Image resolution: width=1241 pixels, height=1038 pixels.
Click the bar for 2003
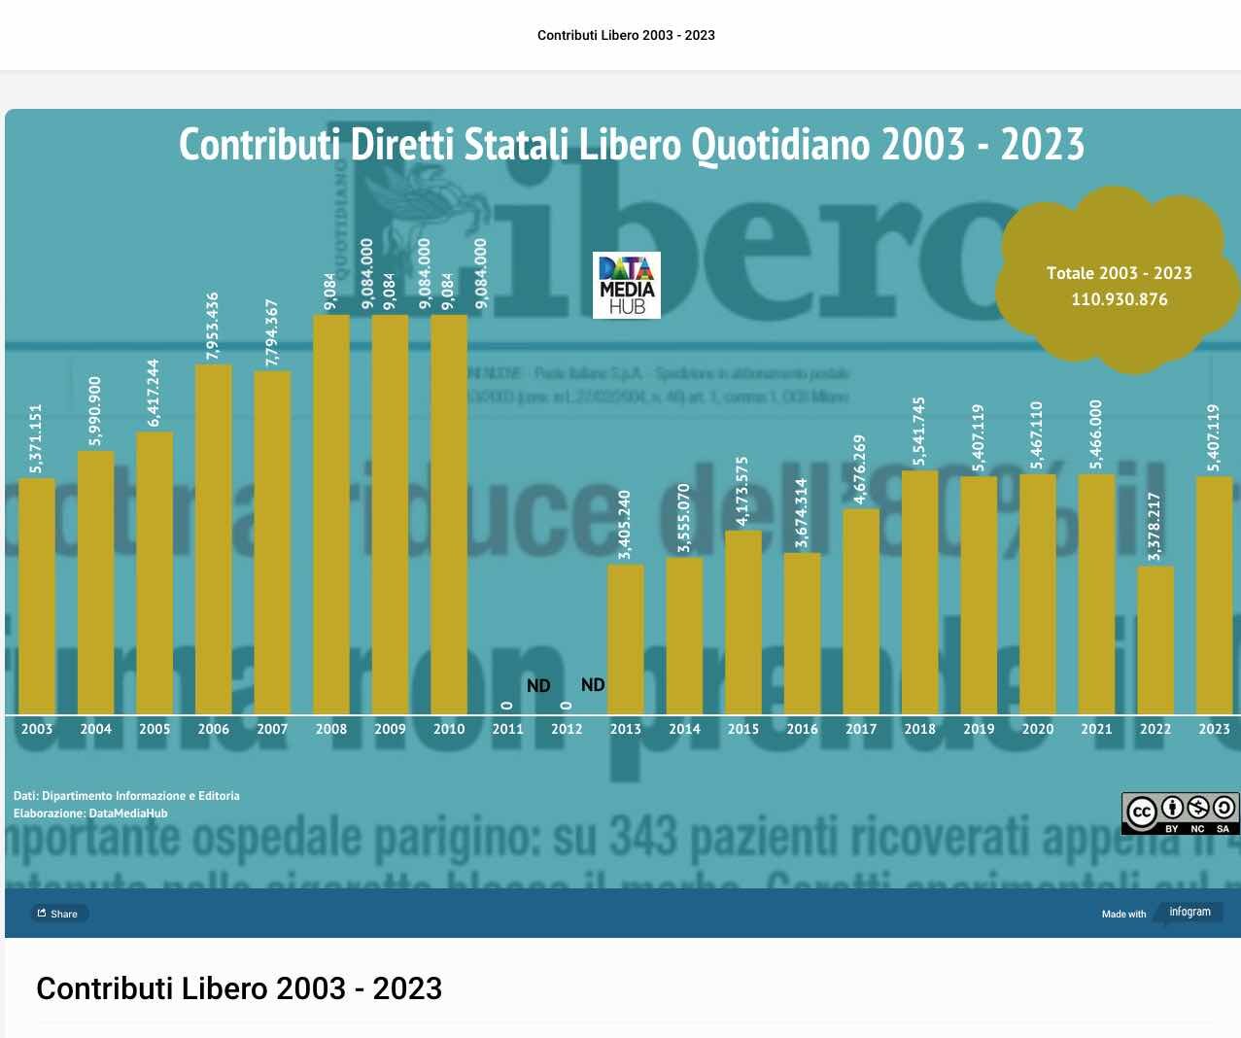(37, 595)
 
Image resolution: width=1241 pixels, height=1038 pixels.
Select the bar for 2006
(214, 539)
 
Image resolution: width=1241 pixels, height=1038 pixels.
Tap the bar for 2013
(625, 639)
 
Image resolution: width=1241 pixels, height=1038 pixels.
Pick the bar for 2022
(1155, 640)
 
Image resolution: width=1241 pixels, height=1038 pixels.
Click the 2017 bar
(861, 610)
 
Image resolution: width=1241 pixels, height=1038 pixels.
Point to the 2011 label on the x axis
(507, 729)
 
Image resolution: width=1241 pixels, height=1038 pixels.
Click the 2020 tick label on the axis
(1038, 729)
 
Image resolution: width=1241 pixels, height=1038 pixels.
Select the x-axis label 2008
(331, 729)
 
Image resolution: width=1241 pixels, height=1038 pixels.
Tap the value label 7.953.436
(213, 327)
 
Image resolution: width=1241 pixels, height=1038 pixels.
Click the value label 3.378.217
(1155, 527)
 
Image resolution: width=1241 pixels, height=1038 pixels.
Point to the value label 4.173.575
(742, 492)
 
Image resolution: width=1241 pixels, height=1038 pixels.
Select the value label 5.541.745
(919, 432)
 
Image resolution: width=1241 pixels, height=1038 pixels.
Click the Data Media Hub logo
(627, 285)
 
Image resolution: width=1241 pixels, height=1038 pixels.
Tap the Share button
(58, 914)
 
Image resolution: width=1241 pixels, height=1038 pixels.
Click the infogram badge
(1189, 912)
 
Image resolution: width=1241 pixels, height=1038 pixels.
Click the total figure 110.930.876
(1120, 299)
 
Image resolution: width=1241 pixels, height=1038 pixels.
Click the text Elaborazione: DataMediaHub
(90, 813)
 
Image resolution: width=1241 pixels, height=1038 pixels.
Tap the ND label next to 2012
(593, 685)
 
